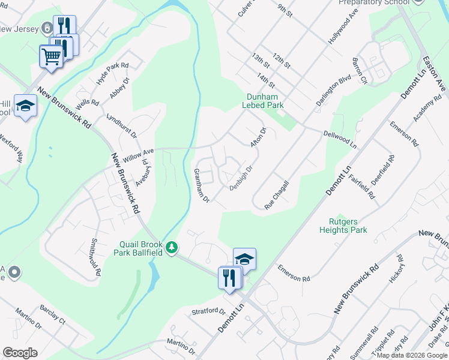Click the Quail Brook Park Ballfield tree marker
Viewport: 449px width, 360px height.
click(172, 248)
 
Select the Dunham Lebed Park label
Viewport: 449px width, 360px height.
click(262, 101)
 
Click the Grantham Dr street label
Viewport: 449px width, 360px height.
click(200, 185)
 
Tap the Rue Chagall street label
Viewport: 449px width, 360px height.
click(277, 195)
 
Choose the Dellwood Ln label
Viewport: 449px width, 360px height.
click(340, 140)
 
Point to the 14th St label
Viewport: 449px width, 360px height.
click(265, 80)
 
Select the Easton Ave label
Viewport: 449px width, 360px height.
click(434, 74)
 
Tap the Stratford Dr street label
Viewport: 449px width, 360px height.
click(208, 312)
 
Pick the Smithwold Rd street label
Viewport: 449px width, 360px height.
click(95, 257)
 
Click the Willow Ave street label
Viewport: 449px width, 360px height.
click(139, 155)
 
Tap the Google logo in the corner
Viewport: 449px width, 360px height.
click(20, 353)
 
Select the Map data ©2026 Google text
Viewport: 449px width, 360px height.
click(412, 355)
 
